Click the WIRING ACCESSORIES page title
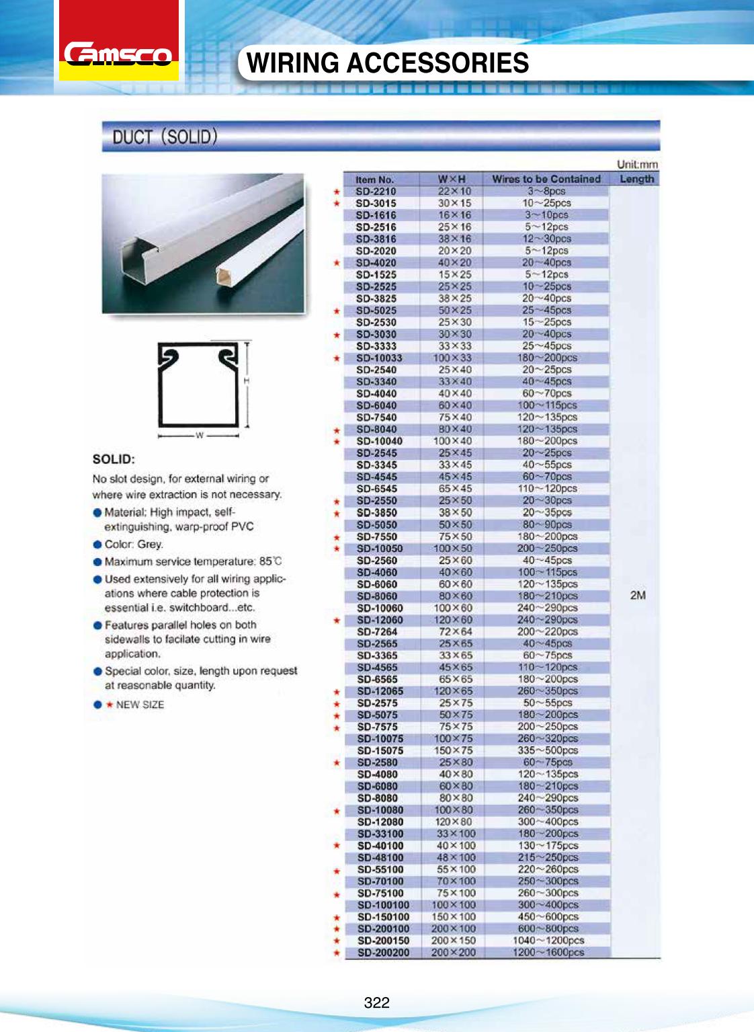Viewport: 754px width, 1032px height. click(x=388, y=63)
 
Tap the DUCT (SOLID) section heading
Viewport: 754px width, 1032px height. click(x=165, y=137)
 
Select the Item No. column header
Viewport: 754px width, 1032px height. click(x=375, y=180)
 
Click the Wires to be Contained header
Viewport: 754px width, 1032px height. click(x=546, y=179)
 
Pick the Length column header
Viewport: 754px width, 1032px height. click(x=636, y=179)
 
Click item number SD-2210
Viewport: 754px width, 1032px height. click(x=376, y=192)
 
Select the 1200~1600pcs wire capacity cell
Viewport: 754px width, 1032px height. click(x=548, y=952)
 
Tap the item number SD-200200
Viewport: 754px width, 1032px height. click(x=383, y=953)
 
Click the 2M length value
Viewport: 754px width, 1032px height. click(x=638, y=595)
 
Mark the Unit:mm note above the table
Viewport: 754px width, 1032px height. click(x=637, y=164)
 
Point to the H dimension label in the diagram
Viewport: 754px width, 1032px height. click(x=247, y=381)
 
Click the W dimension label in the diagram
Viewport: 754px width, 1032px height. click(x=199, y=436)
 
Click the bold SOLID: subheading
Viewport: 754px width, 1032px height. click(x=114, y=461)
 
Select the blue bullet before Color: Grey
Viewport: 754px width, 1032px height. click(x=98, y=544)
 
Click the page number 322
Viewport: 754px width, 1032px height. click(x=377, y=1002)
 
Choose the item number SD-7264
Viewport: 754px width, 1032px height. click(x=377, y=631)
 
